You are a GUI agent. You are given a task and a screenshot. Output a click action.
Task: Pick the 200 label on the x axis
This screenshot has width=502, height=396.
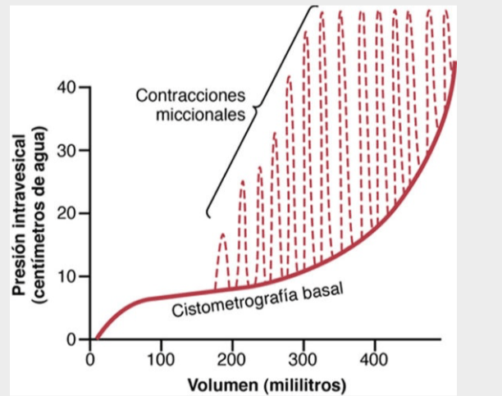(x=231, y=358)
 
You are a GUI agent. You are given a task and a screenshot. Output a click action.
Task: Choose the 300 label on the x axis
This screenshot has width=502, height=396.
(x=303, y=358)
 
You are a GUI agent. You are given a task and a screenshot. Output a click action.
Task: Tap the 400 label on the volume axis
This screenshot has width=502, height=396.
(x=374, y=358)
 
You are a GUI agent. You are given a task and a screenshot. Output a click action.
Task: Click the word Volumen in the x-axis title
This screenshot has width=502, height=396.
(x=219, y=384)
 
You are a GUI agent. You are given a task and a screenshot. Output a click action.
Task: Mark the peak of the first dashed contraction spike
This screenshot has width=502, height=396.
(x=222, y=234)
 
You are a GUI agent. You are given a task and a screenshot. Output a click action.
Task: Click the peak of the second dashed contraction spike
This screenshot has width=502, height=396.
(x=242, y=182)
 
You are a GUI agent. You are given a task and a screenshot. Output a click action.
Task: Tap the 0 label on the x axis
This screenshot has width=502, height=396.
(x=90, y=358)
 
